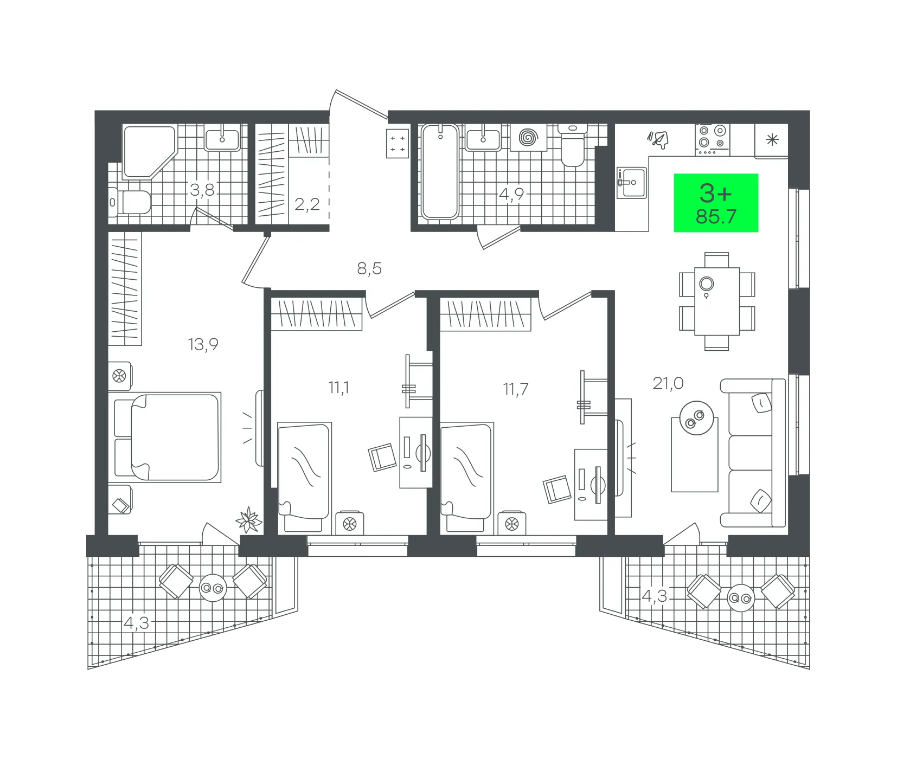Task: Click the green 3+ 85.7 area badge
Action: point(716,203)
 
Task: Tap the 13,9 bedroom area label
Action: point(203,344)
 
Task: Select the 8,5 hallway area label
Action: point(369,268)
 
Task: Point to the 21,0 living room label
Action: point(668,383)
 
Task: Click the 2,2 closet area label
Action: point(307,204)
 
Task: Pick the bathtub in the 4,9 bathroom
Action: point(440,171)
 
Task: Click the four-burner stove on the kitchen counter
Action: point(713,139)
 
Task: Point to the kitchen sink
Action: point(632,183)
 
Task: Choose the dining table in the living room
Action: point(717,301)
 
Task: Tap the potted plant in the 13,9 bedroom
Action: point(249,519)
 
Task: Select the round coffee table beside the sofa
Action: point(696,418)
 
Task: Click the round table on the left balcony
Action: point(213,588)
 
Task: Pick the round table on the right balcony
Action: point(741,598)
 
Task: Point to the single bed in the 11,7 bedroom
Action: point(466,478)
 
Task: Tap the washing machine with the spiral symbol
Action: point(528,137)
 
